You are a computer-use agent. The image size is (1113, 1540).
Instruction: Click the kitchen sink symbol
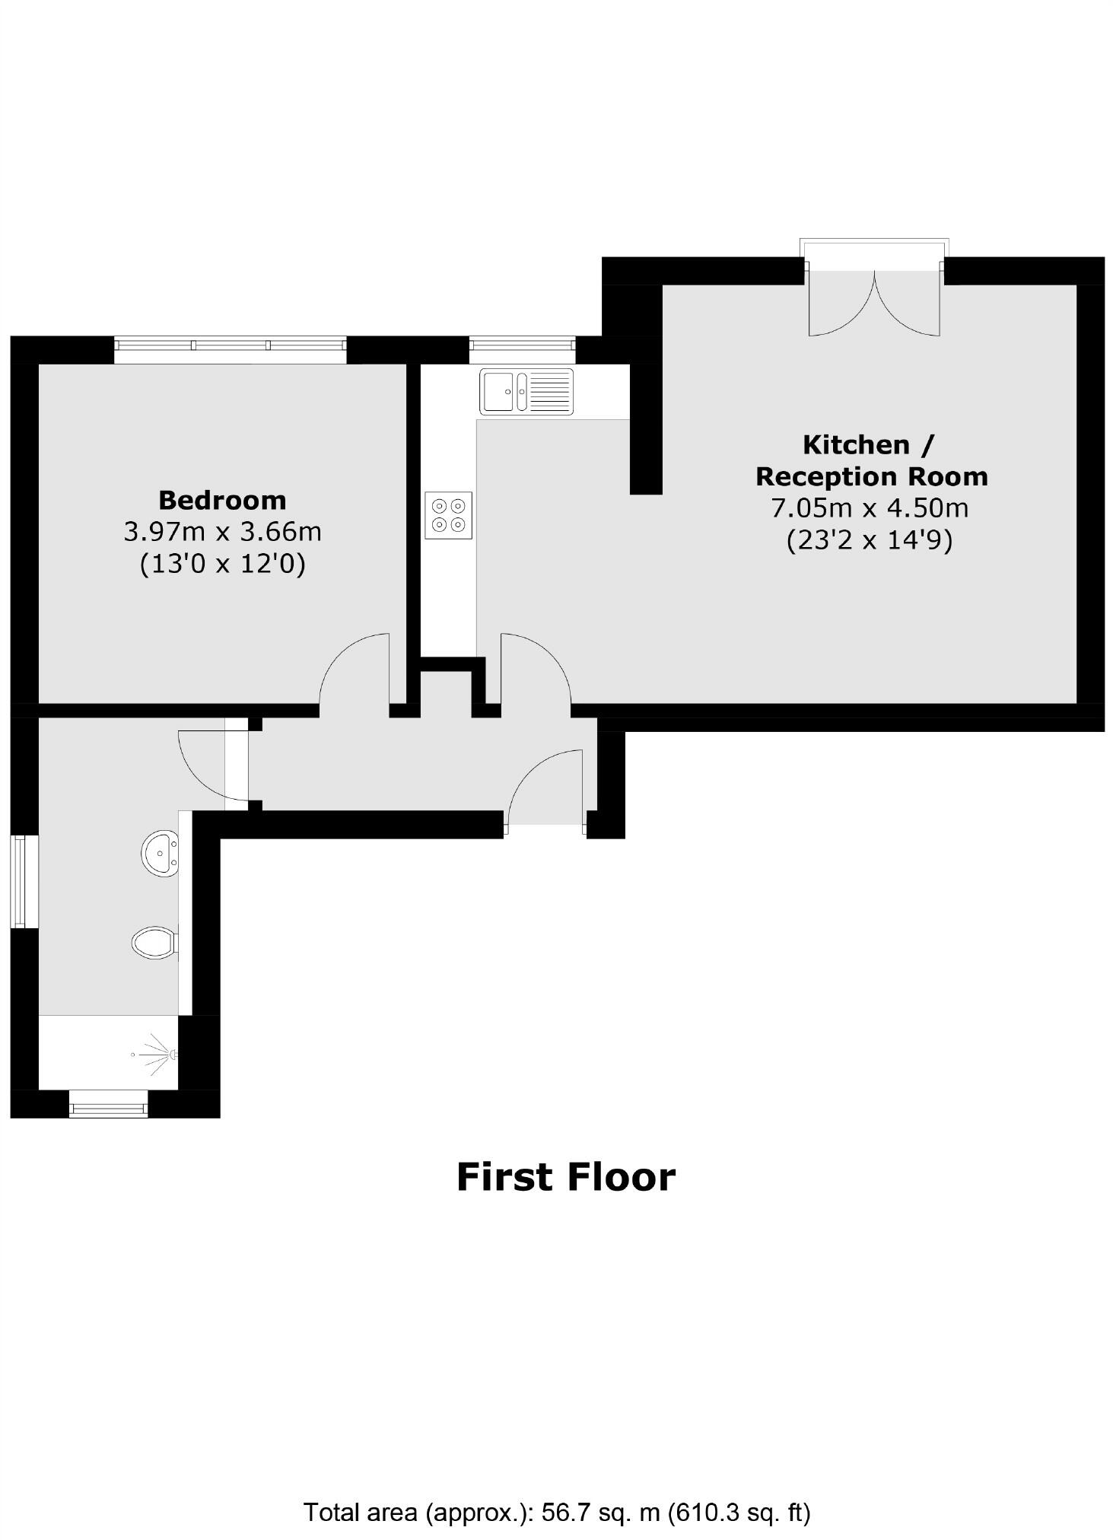tap(526, 391)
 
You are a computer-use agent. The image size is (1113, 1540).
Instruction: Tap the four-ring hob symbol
tap(448, 515)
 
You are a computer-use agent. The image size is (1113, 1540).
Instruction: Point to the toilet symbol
tap(154, 943)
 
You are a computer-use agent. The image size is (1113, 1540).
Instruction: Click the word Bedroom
tap(222, 500)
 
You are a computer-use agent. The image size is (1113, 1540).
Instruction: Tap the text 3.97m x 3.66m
tap(222, 531)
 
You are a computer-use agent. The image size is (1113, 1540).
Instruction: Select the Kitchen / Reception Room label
tap(870, 460)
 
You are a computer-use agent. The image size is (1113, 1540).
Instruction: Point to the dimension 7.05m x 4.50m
tap(870, 507)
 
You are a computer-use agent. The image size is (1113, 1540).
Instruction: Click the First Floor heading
tap(565, 1176)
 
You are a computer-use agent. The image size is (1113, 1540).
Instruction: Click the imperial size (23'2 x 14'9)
tap(869, 540)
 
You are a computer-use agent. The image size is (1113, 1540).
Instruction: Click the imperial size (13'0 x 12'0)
tap(222, 564)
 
